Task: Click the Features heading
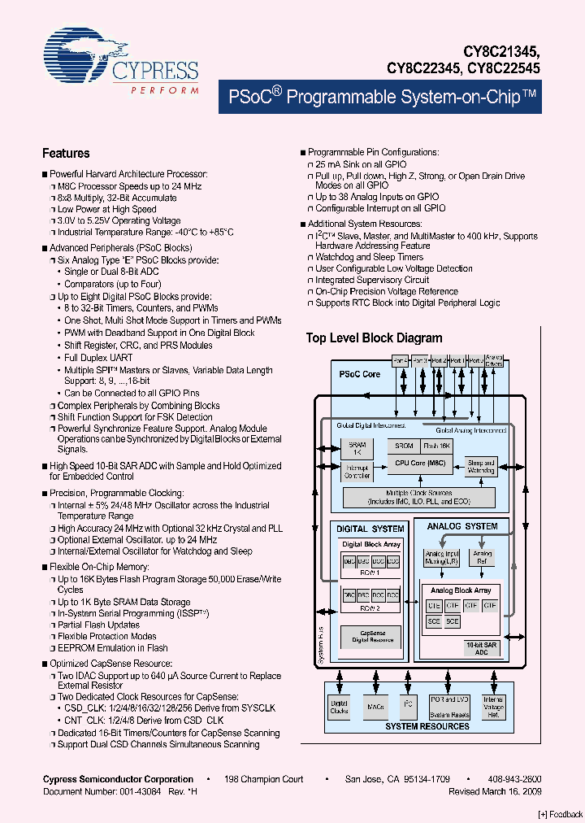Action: click(x=66, y=153)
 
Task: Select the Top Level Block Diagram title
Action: click(x=374, y=338)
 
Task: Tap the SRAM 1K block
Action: click(x=357, y=450)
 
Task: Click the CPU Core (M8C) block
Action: click(x=421, y=463)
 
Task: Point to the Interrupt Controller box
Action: click(x=357, y=472)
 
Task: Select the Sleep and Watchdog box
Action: click(x=481, y=467)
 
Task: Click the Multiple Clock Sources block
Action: click(x=418, y=497)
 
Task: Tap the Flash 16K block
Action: click(x=437, y=446)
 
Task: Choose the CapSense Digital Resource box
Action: click(x=372, y=636)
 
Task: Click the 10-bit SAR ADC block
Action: click(x=480, y=647)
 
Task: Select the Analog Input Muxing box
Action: click(x=441, y=557)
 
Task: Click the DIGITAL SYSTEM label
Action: click(x=370, y=529)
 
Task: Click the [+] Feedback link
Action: click(x=560, y=814)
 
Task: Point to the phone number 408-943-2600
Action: click(x=513, y=779)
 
